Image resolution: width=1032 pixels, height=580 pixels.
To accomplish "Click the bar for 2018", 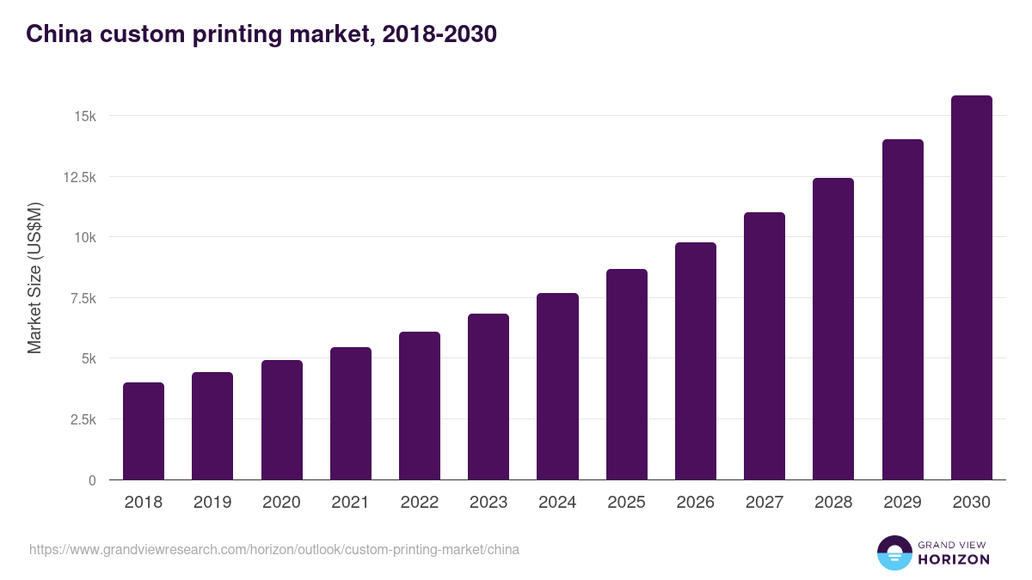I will coord(144,431).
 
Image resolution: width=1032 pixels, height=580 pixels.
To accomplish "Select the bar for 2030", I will coord(971,288).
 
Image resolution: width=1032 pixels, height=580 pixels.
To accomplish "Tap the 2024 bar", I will coord(557,387).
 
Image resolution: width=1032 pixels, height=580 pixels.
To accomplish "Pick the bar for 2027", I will coord(765,346).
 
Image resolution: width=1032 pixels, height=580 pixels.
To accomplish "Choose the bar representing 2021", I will coord(351,413).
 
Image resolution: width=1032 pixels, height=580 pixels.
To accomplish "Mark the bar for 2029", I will coord(902,309).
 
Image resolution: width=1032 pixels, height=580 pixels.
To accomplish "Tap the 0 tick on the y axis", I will coord(91,480).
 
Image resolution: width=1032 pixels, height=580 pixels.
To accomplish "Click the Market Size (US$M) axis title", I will coord(34,278).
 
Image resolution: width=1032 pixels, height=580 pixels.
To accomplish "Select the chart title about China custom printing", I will coord(261,34).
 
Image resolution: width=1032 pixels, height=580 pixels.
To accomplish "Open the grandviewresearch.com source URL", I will coord(274,549).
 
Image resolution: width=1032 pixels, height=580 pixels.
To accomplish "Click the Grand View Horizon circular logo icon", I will coord(894,553).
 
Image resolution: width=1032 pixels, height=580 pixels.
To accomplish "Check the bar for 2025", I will coord(626,375).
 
